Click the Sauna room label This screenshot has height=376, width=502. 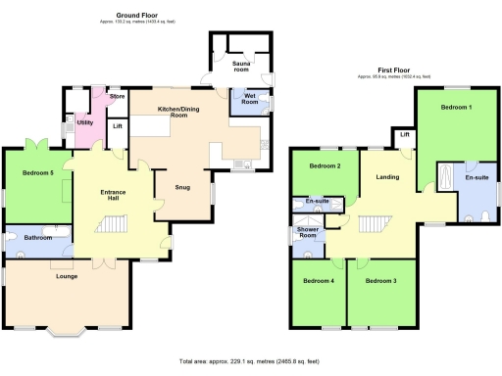tap(241, 67)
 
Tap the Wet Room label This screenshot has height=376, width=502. tap(243, 98)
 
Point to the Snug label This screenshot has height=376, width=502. tap(182, 186)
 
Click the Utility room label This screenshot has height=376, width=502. tap(85, 122)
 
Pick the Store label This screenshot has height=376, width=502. tap(117, 96)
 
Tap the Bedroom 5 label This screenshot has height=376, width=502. tap(38, 174)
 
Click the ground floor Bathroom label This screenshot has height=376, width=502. tap(38, 238)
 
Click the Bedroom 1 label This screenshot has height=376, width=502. tap(455, 106)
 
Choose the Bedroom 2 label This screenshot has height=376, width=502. tap(325, 166)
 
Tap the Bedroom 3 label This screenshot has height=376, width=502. tap(380, 282)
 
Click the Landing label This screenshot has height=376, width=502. tap(386, 177)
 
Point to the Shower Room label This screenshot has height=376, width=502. tap(310, 232)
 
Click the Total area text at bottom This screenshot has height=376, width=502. tap(251, 361)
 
